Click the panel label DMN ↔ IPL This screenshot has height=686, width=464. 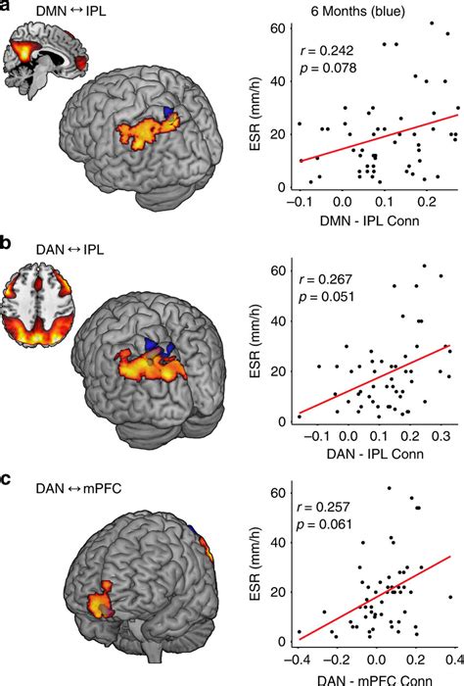pos(70,11)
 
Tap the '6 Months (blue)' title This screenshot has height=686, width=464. pos(358,11)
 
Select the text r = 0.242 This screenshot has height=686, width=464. pos(327,51)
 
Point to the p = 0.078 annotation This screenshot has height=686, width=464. pos(327,68)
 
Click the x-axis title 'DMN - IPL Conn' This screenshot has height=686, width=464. pos(370,220)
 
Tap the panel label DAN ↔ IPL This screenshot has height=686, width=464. pos(70,250)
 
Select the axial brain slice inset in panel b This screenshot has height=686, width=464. pos(38,306)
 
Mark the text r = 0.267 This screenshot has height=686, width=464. pos(325,279)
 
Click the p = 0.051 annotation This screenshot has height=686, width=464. pos(326,297)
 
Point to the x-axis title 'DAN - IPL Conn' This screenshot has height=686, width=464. pos(375,454)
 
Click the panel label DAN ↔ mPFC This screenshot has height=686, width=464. pos(78,488)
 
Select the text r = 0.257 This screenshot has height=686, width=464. pos(323,507)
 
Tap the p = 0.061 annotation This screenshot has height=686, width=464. pos(324,523)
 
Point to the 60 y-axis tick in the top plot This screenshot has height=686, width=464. pos(278,28)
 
